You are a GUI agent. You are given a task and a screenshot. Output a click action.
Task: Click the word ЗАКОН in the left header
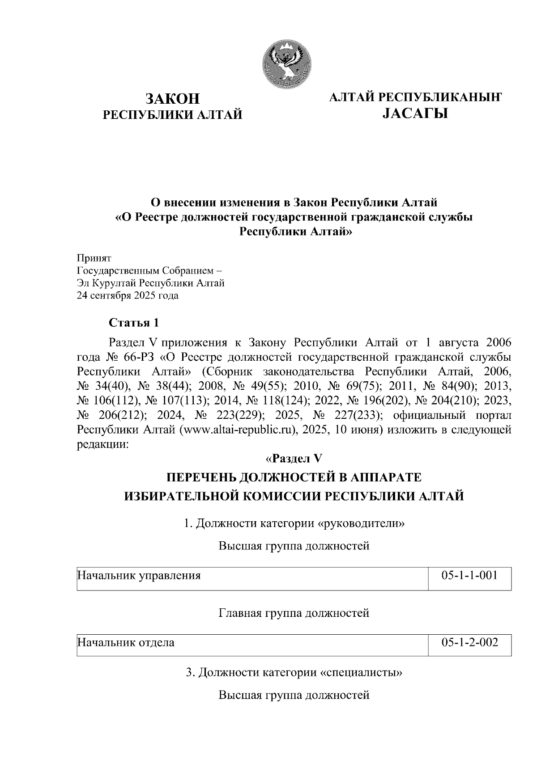pos(172,99)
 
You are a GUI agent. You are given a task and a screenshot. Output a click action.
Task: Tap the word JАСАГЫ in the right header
pos(415,114)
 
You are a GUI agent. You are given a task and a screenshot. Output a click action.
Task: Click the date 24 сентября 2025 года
pos(128,295)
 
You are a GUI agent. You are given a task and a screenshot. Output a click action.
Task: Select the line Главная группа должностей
pos(294,613)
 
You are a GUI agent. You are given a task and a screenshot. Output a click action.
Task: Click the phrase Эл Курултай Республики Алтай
pos(151,283)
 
